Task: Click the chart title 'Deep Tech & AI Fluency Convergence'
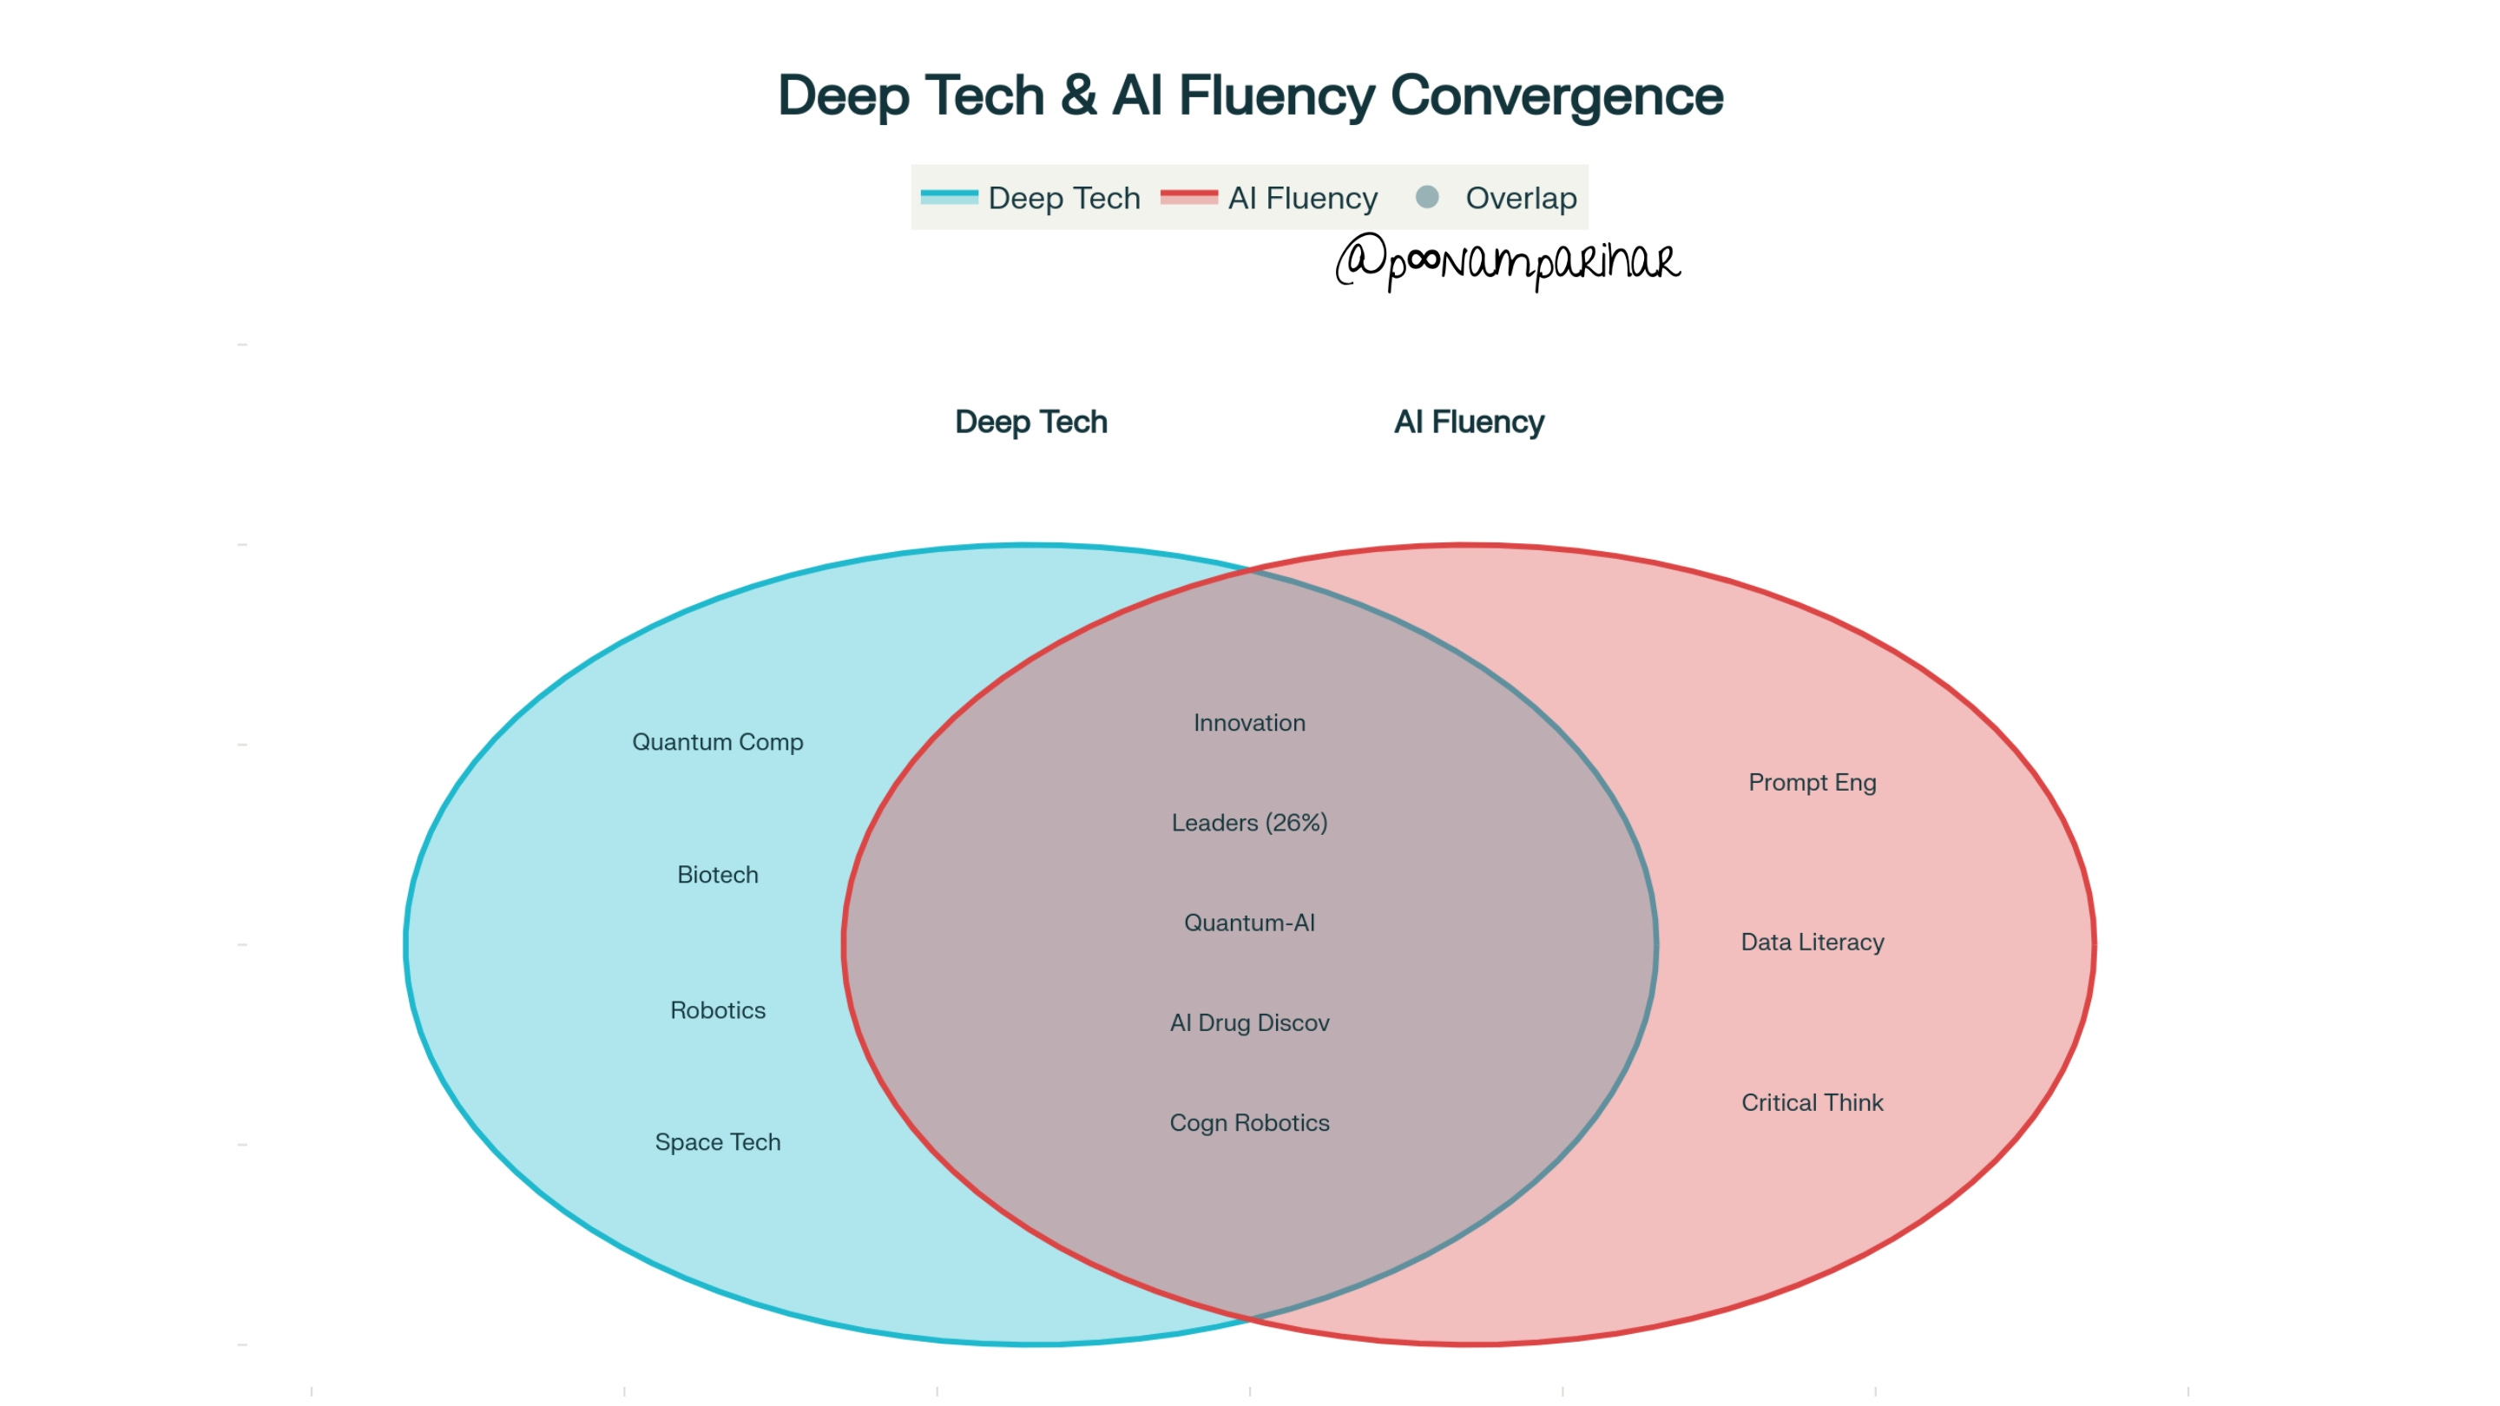click(x=1250, y=95)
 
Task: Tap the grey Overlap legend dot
click(x=1426, y=197)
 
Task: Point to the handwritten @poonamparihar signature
click(x=1507, y=261)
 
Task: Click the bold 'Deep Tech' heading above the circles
click(x=1030, y=422)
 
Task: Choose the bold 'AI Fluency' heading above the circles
click(x=1469, y=422)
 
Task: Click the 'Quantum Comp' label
click(x=717, y=742)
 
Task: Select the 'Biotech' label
click(x=717, y=875)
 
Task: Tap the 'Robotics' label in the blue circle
click(x=717, y=1011)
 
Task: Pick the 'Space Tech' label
click(x=717, y=1143)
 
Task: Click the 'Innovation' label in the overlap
click(x=1249, y=723)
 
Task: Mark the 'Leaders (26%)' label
click(x=1249, y=823)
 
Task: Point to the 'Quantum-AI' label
click(x=1249, y=923)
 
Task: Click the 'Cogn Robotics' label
click(x=1249, y=1124)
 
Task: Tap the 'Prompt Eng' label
click(x=1812, y=783)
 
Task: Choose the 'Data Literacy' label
click(x=1812, y=943)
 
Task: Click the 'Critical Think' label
click(x=1812, y=1103)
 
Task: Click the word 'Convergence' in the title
click(x=1556, y=95)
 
